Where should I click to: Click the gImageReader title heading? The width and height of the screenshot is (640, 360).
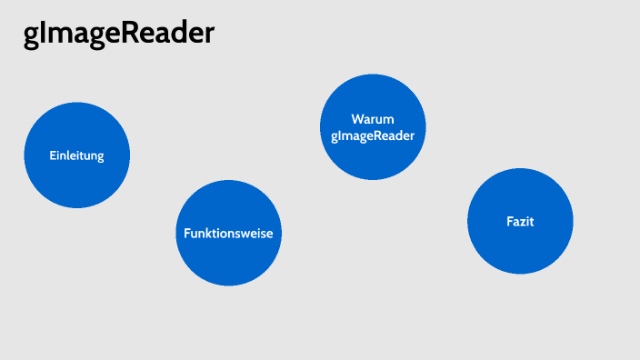(x=119, y=34)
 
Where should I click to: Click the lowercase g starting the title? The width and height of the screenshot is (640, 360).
(x=31, y=36)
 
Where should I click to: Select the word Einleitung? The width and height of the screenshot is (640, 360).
(x=76, y=155)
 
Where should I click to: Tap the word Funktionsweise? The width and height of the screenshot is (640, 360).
(x=228, y=233)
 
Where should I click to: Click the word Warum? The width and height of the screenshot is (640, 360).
(x=373, y=119)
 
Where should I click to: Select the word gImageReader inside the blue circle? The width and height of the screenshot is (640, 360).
(x=373, y=135)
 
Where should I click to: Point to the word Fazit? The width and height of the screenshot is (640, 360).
(x=520, y=221)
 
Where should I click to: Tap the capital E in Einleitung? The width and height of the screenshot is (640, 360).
(x=53, y=155)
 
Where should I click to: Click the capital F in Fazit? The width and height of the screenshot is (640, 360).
(x=509, y=221)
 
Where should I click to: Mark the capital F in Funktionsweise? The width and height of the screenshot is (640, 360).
(x=187, y=233)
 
